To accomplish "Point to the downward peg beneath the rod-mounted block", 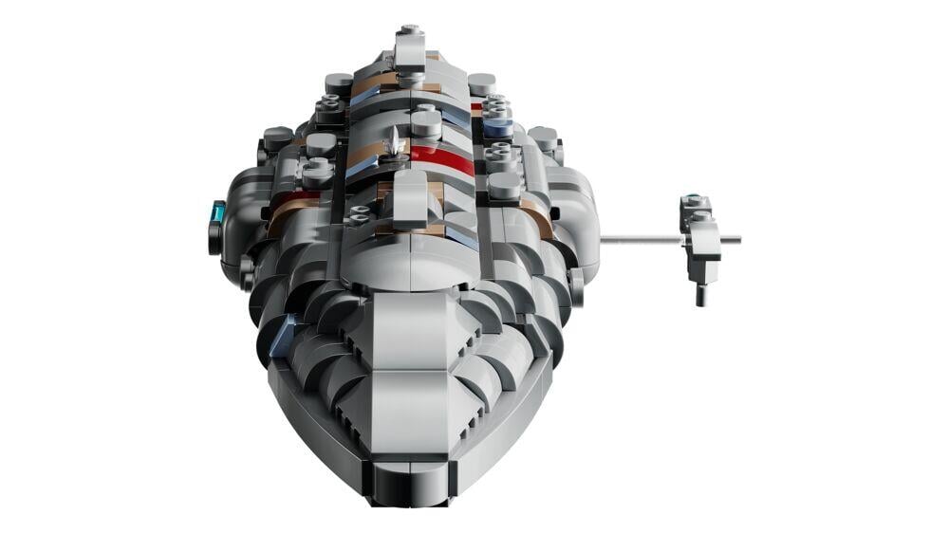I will click(699, 294).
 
